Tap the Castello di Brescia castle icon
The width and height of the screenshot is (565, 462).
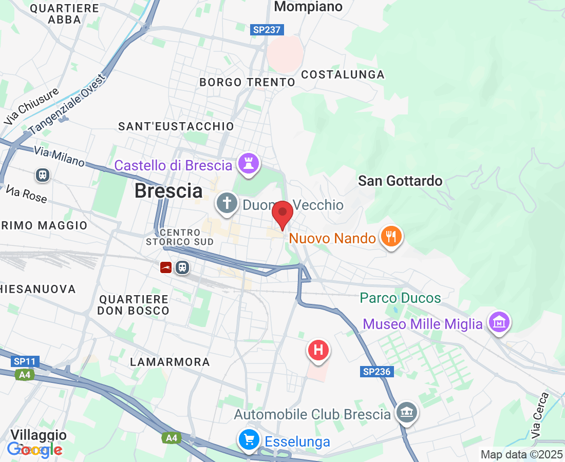249,165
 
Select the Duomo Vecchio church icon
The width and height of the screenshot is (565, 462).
226,203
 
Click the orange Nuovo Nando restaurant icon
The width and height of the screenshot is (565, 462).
391,237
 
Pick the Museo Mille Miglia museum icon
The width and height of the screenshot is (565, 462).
499,323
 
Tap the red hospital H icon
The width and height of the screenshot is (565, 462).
318,351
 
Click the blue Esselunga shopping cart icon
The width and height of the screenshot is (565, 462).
249,440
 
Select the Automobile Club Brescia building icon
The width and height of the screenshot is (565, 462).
407,413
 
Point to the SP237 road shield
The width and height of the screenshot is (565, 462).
267,30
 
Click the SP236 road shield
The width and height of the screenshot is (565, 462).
376,372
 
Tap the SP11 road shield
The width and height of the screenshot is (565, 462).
25,361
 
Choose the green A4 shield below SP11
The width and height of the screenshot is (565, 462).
25,375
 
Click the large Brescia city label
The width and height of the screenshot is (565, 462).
168,191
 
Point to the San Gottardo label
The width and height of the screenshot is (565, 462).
400,181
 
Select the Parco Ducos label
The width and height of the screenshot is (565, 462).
400,298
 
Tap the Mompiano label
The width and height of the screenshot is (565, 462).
308,7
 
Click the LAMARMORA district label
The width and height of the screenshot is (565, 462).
170,362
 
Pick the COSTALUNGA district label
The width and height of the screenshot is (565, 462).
343,74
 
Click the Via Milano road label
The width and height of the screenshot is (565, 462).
60,156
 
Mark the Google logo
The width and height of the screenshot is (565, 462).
35,450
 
